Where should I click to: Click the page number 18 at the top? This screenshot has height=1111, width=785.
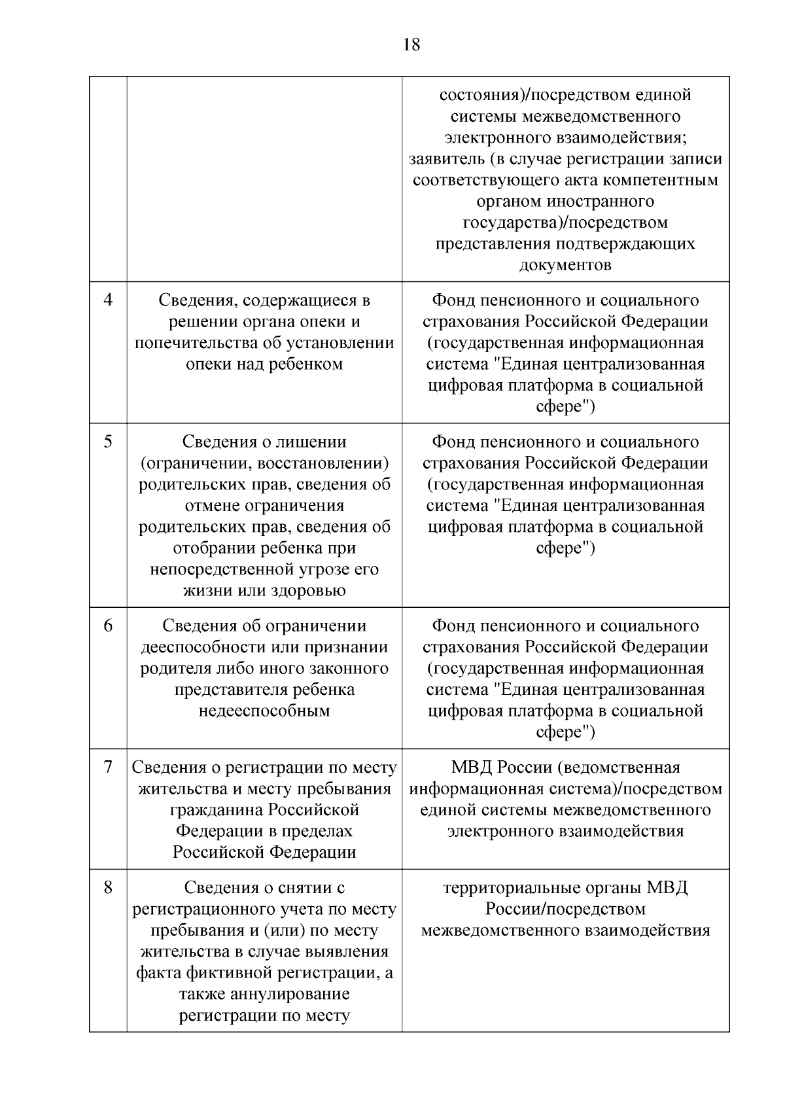[411, 45]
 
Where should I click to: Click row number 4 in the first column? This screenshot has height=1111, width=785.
[108, 300]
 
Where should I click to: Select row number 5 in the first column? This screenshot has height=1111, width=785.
[108, 442]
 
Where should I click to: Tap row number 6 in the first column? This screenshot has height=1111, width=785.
[108, 626]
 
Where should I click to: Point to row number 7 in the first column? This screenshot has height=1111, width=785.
[108, 767]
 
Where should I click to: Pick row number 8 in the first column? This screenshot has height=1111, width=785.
[108, 888]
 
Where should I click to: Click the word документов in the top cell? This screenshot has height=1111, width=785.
[565, 265]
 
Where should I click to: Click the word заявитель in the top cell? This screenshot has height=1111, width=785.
[447, 159]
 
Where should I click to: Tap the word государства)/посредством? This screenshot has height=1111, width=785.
[565, 222]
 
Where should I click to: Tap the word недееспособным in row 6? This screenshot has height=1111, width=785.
[264, 711]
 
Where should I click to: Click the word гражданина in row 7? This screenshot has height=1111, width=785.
[215, 810]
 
